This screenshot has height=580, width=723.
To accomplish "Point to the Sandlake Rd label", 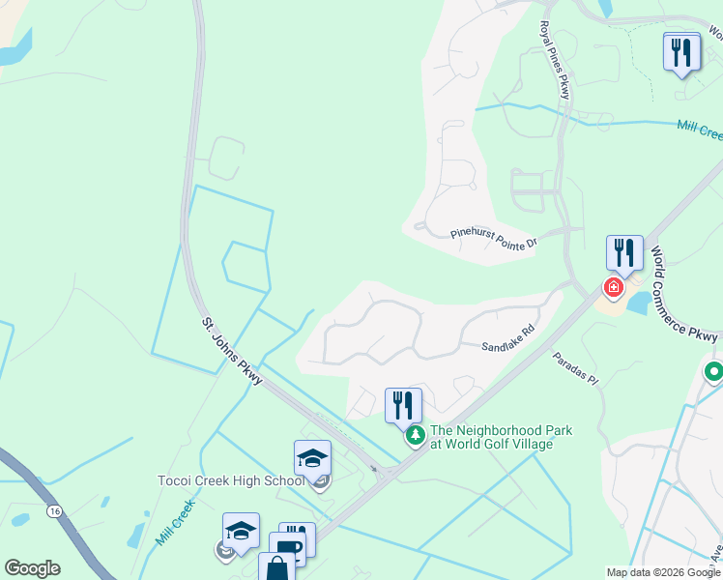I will [x=508, y=338].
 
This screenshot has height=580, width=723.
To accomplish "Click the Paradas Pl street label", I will [x=576, y=369].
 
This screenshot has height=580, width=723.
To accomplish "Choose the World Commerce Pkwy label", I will [x=683, y=294].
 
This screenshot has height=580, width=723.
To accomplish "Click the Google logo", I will [x=32, y=568].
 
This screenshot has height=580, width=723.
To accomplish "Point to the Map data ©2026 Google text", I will [x=662, y=572].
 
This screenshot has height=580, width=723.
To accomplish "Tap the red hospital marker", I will [x=613, y=287].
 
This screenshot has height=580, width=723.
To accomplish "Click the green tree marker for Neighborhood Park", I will [x=416, y=437].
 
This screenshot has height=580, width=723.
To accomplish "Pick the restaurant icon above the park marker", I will [x=403, y=405].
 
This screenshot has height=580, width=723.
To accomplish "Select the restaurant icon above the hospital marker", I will [x=624, y=253].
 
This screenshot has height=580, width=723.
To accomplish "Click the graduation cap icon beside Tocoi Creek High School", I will [x=312, y=458].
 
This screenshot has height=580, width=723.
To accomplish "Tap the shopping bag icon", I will [x=276, y=567].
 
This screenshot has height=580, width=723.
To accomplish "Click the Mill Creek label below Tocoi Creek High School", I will [x=175, y=522].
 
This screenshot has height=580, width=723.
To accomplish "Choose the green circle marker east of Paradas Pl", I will [x=714, y=371].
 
